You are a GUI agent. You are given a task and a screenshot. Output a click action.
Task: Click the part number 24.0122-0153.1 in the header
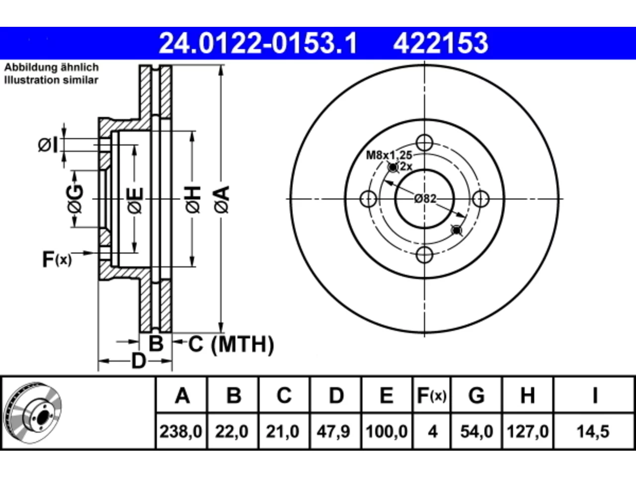(x=258, y=43)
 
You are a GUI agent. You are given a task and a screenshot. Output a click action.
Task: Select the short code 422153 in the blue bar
(x=440, y=43)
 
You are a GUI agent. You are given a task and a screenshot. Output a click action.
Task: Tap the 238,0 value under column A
(x=181, y=431)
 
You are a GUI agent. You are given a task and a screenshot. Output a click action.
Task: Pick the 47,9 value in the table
(x=333, y=431)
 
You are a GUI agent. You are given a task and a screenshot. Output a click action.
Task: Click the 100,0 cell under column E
(x=387, y=431)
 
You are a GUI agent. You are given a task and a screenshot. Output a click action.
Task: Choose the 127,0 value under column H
(x=528, y=431)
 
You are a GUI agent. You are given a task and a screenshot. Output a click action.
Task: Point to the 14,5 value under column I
(x=593, y=431)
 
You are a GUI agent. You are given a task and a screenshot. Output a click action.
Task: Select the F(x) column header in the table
(x=432, y=396)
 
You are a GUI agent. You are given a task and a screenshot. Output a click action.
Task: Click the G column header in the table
(x=477, y=396)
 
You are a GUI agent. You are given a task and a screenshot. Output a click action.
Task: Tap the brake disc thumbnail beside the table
(x=32, y=413)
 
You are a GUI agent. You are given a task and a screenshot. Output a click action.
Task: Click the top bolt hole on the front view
(x=424, y=143)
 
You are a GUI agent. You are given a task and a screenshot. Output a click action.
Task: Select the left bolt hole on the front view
(x=368, y=199)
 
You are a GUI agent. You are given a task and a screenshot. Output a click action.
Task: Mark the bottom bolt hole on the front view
(x=424, y=255)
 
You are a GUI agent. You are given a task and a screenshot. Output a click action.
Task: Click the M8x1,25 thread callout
(x=389, y=155)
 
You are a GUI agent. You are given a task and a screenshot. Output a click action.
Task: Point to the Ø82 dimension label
(x=425, y=199)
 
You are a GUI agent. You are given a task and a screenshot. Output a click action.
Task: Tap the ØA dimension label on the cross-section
(x=223, y=200)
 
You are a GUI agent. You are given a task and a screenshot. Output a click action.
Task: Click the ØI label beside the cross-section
(x=48, y=145)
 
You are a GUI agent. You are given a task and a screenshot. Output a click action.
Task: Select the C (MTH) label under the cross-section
(x=231, y=344)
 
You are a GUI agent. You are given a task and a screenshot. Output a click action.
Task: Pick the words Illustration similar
(x=51, y=80)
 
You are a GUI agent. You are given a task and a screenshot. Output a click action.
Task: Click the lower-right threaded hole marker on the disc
(x=457, y=231)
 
